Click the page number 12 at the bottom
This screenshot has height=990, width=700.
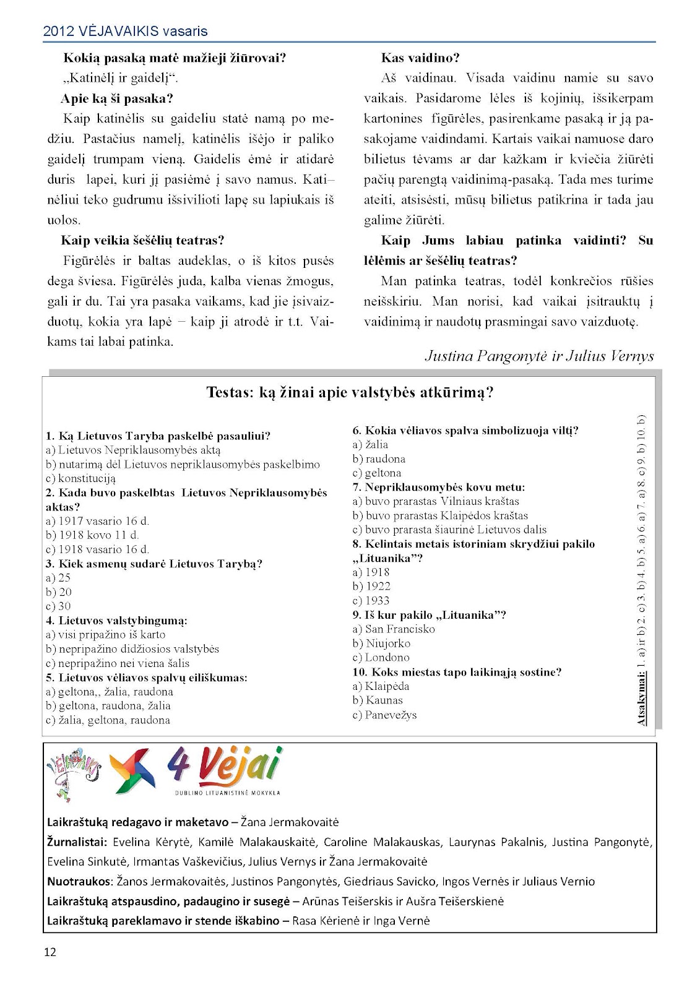[50, 952]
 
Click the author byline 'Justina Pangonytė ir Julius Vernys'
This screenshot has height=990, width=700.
[539, 356]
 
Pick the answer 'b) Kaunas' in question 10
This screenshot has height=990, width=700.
[378, 700]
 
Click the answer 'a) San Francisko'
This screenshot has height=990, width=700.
[394, 629]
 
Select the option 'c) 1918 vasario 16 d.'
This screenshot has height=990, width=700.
[97, 549]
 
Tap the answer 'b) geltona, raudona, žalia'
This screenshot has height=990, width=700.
[108, 706]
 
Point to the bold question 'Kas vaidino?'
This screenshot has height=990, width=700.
[420, 58]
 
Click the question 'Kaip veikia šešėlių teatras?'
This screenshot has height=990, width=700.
[142, 240]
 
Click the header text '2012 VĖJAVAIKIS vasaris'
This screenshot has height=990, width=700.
[126, 31]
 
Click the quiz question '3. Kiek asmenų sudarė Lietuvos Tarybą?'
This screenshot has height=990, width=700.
[154, 564]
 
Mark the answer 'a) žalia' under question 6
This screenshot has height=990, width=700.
[371, 444]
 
